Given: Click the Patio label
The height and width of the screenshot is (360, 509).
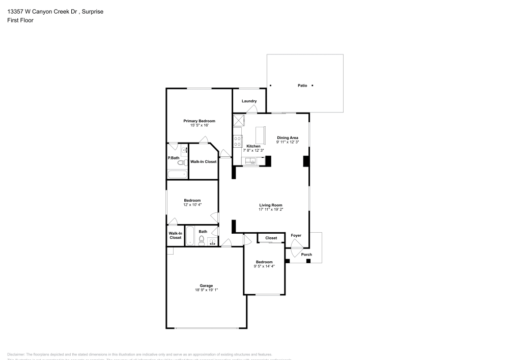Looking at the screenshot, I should [302, 86].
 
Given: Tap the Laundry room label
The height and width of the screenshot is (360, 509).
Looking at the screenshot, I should [249, 101].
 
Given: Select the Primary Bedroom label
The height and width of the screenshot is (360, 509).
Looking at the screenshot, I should [199, 121].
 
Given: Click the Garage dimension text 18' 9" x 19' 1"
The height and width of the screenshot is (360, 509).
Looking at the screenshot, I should [206, 290].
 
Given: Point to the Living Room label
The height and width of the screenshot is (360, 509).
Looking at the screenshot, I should [270, 205].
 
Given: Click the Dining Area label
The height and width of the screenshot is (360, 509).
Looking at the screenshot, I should [288, 137].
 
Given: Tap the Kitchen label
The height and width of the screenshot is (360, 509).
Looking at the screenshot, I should [253, 146].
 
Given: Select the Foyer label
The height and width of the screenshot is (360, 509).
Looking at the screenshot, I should [296, 236].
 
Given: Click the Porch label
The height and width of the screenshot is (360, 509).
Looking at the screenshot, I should [306, 255].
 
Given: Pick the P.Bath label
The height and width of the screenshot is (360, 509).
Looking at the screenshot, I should [174, 158].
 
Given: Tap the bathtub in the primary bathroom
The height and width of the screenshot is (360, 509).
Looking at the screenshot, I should [177, 174].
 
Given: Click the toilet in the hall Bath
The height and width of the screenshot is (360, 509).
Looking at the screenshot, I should [202, 240].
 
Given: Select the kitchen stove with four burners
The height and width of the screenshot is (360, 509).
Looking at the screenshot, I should [237, 141].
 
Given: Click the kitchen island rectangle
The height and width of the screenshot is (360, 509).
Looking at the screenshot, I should [261, 135].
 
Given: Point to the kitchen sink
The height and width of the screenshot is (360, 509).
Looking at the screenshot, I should [250, 161].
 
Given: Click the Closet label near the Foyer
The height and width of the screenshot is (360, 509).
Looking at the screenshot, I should [271, 238].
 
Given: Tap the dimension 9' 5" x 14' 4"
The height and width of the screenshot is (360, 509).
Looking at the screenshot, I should [265, 266].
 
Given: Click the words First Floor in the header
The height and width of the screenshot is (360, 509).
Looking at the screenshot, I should [20, 20].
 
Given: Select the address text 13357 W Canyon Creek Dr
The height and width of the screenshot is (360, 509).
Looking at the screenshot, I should [41, 11].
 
